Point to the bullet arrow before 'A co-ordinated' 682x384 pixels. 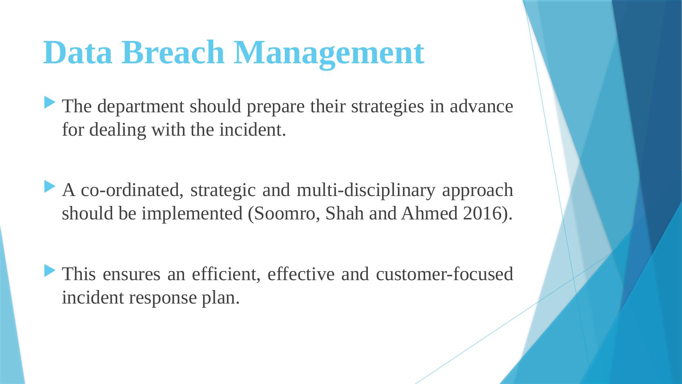click(x=50, y=187)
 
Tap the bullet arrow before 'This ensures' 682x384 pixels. click(x=50, y=271)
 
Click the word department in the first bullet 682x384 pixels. click(x=142, y=107)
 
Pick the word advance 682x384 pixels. click(x=481, y=107)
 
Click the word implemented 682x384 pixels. click(x=192, y=214)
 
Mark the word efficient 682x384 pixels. click(x=226, y=274)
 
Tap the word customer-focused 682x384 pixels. click(x=444, y=274)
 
